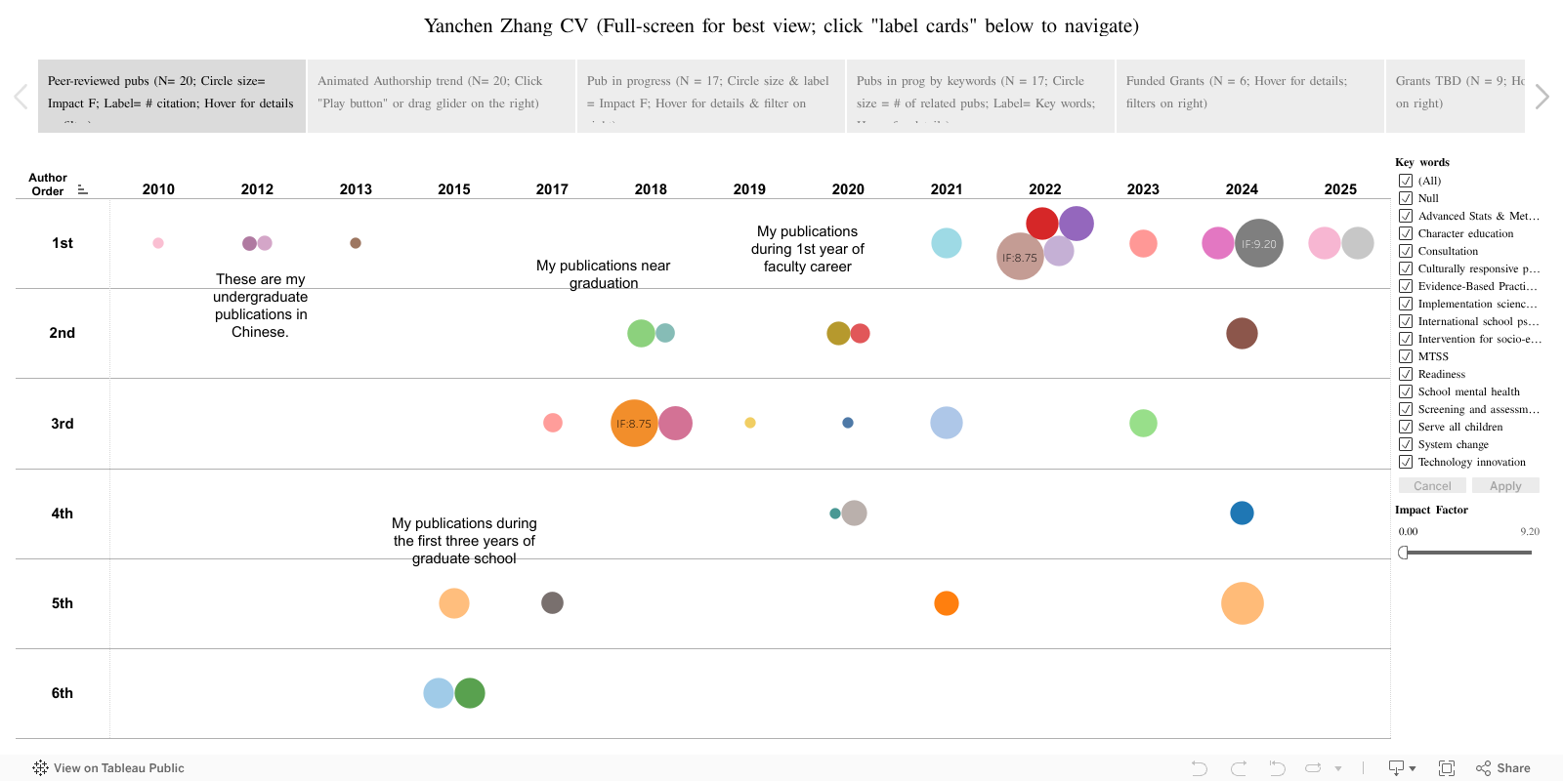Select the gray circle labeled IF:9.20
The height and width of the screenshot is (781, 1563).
(1260, 243)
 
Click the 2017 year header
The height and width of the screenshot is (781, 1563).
(552, 189)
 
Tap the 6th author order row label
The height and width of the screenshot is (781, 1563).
(63, 693)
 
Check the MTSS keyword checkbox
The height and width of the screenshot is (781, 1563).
(1406, 356)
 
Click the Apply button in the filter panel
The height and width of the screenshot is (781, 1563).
(1505, 486)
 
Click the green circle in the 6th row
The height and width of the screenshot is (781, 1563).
(470, 693)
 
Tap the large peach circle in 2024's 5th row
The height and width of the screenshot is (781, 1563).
(1243, 603)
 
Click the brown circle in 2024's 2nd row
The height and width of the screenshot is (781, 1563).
(1242, 333)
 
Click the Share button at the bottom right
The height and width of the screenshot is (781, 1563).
(1503, 768)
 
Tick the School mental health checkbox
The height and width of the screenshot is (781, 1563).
(1406, 391)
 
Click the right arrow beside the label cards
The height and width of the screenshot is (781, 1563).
(1542, 97)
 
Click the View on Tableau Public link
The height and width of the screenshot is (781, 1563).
(108, 768)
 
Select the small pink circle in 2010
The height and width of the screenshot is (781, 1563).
(158, 243)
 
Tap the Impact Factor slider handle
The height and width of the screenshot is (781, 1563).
(1404, 553)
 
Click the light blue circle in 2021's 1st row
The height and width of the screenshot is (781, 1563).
(947, 243)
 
